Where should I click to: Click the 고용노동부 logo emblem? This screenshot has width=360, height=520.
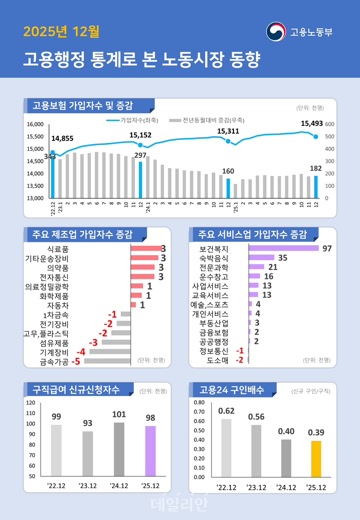[276, 31]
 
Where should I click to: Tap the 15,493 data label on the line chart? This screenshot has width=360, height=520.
[312, 123]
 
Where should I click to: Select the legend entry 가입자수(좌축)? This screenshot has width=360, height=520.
[129, 119]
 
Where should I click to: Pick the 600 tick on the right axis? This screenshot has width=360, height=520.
[330, 124]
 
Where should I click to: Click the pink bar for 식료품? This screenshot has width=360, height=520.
[146, 248]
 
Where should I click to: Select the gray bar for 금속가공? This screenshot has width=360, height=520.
[107, 361]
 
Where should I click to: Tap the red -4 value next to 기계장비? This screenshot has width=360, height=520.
[81, 352]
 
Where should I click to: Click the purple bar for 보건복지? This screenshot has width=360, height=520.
[283, 248]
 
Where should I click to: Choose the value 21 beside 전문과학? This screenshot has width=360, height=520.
[273, 267]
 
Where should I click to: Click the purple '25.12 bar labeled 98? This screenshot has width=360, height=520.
[150, 451]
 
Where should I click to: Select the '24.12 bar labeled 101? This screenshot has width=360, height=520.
[119, 449]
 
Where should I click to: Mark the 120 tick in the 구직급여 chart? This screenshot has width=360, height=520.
[31, 403]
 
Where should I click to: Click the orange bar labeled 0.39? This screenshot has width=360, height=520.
[315, 458]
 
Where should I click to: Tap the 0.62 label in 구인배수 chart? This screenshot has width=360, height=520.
[226, 411]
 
